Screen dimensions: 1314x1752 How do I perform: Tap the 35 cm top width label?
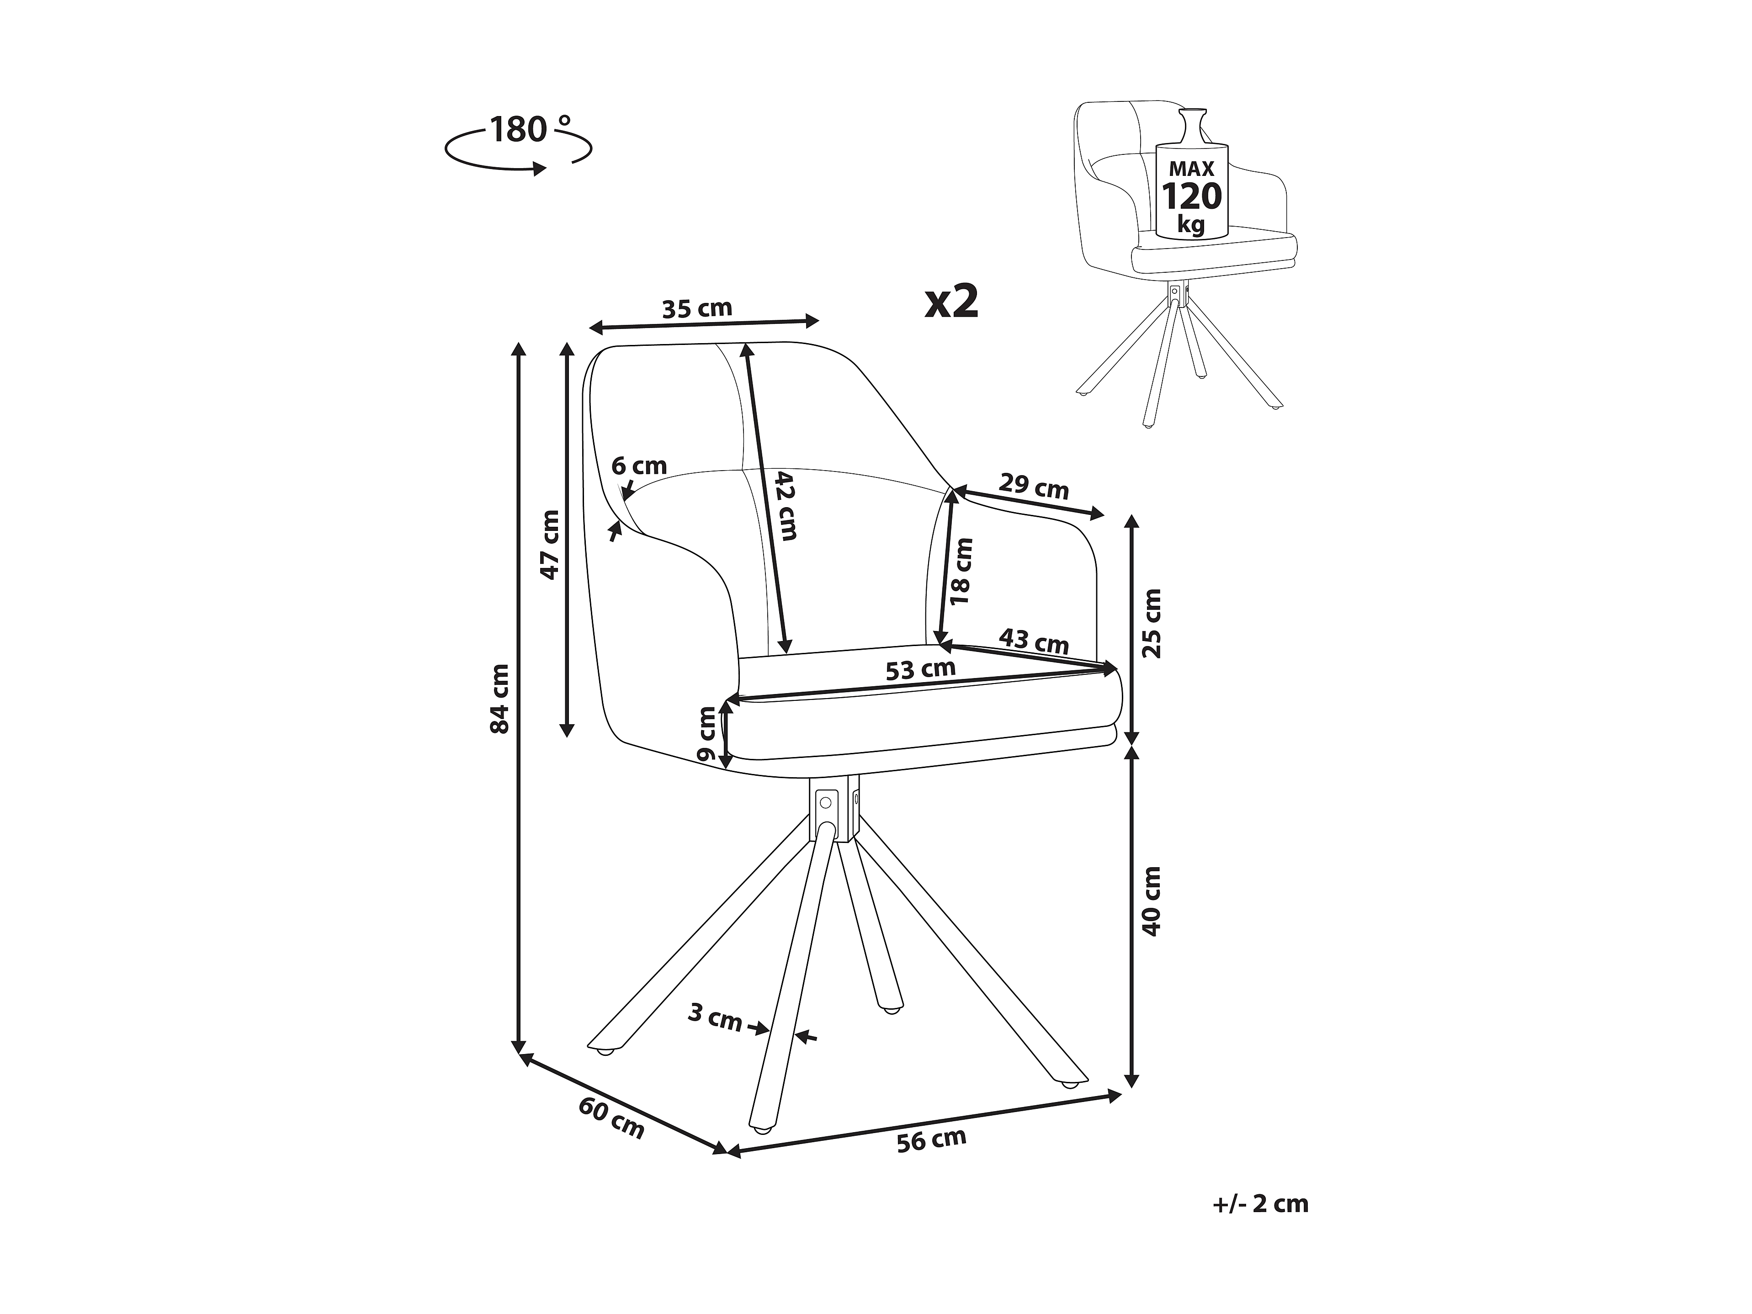coord(697,308)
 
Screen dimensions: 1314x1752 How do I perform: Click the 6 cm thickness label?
coord(639,466)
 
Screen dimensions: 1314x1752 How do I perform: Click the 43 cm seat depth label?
coord(1034,640)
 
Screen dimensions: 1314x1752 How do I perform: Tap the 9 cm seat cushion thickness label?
coord(706,733)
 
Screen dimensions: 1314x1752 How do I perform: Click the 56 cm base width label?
coord(931,1140)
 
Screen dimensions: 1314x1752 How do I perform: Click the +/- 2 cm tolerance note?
coord(1260,1204)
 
